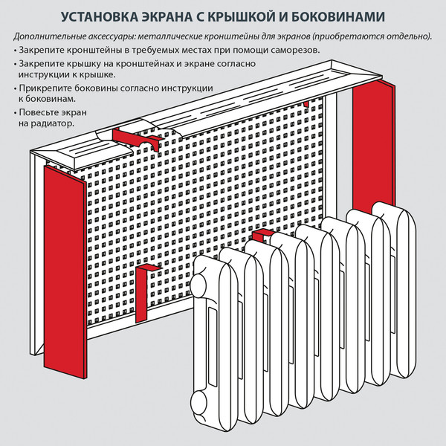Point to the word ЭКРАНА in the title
click(x=173, y=16)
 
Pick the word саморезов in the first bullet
click(x=294, y=50)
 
